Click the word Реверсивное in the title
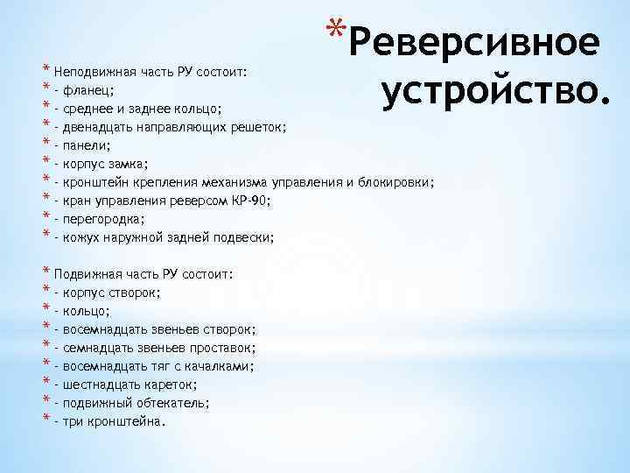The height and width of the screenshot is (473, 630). click(x=479, y=42)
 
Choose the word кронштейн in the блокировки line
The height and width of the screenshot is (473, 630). click(x=96, y=182)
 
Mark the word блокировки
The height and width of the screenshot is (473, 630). click(x=395, y=182)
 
